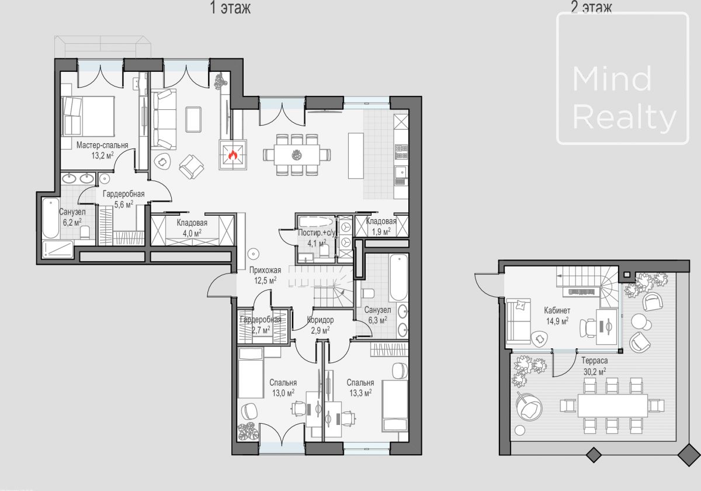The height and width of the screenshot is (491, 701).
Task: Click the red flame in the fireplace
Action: tap(232, 154)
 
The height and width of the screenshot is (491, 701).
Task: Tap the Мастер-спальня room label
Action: tap(102, 145)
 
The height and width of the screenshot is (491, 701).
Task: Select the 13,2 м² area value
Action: tap(102, 155)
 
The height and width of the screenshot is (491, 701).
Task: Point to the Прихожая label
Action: tap(265, 270)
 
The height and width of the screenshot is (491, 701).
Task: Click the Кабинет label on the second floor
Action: tap(557, 310)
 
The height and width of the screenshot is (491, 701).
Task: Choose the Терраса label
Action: tap(595, 361)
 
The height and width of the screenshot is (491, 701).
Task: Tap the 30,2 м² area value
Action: tap(595, 371)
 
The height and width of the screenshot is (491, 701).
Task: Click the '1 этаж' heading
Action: tap(230, 8)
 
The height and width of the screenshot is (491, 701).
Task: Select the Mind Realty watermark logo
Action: tap(623, 78)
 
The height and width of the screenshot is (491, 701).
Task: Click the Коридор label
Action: tap(320, 320)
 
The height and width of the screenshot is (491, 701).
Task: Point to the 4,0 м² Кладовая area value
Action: tap(192, 233)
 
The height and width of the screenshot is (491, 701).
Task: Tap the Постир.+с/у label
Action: tap(317, 233)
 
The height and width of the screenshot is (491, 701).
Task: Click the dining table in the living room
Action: tap(297, 155)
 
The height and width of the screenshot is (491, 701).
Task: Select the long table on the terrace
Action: tap(612, 406)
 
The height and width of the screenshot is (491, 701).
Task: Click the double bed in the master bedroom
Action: tap(88, 116)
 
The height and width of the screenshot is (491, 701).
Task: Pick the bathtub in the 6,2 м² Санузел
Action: tap(51, 218)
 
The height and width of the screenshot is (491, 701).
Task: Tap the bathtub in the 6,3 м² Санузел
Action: tap(398, 278)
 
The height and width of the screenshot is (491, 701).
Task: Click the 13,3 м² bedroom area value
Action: tap(360, 393)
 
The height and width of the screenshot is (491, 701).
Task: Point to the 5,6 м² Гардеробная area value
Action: tap(124, 205)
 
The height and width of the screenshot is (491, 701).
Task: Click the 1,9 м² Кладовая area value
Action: tap(381, 231)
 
